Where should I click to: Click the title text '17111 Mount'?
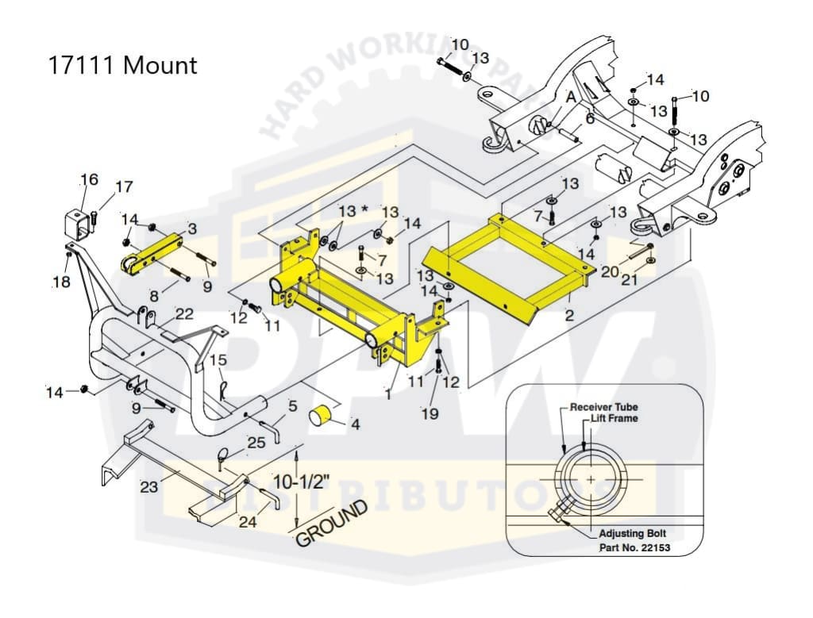pos(123,65)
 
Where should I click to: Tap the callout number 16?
pos(89,179)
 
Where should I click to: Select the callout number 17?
pos(124,187)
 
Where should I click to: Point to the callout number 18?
pos(61,282)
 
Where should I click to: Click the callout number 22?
pos(183,314)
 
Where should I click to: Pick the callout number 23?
pos(148,487)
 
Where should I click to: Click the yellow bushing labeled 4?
pos(324,415)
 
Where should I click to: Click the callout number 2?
pos(568,315)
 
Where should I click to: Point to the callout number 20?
pos(610,271)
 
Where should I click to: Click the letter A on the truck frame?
pos(570,97)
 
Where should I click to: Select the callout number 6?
pos(589,119)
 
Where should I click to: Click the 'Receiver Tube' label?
pos(603,407)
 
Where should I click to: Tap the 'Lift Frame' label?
pos(613,418)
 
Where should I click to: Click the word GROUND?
pos(333,524)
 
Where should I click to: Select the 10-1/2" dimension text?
pos(328,482)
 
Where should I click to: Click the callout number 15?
pos(218,360)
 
